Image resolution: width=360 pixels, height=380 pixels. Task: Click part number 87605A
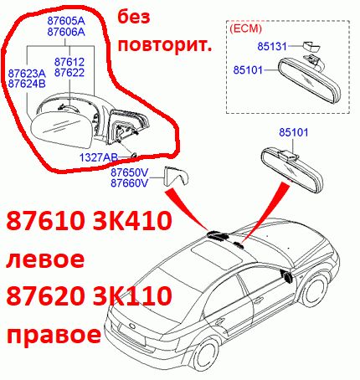click(66, 21)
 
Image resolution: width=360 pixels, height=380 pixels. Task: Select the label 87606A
click(66, 32)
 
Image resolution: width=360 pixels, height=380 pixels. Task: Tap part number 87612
click(69, 62)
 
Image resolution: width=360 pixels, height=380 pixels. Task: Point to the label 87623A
click(27, 74)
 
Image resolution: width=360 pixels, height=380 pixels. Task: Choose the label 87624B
click(27, 84)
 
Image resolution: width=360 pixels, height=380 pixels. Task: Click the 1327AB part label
click(99, 157)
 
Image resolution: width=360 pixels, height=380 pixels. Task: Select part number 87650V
click(129, 172)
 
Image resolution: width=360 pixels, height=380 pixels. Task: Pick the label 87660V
click(129, 183)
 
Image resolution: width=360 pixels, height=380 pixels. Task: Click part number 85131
click(272, 46)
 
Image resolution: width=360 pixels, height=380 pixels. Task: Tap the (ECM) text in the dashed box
click(245, 28)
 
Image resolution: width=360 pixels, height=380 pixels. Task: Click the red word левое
click(45, 259)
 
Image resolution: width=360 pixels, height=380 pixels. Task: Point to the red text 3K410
click(132, 220)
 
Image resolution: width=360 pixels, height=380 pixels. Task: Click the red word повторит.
click(165, 44)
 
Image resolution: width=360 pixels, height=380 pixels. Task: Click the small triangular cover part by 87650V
click(177, 176)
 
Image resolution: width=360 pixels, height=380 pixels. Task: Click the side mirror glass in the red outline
click(60, 129)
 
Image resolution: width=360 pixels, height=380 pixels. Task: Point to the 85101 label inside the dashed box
click(248, 69)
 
